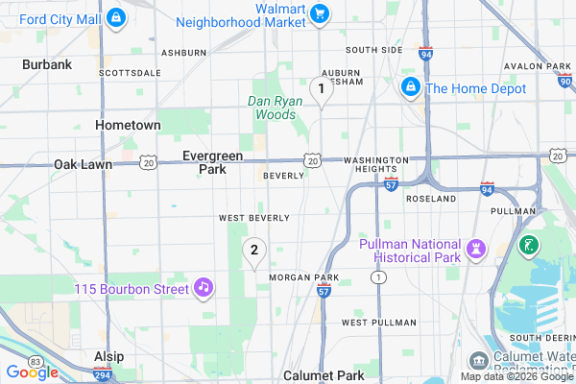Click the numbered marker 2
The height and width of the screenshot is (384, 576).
[x=253, y=252]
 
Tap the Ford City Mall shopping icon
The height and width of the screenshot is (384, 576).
[x=115, y=17]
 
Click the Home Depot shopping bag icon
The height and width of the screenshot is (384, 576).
[x=410, y=88]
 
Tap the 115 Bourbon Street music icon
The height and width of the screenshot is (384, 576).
[x=203, y=287]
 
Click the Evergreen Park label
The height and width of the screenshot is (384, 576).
[x=212, y=162]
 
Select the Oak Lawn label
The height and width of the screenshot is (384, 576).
[x=83, y=164]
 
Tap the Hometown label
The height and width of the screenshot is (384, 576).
[x=128, y=125]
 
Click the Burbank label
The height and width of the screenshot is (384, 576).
[x=47, y=64]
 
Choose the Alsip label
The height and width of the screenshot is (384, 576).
[x=108, y=356]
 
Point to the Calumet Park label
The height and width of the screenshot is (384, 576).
[x=324, y=375]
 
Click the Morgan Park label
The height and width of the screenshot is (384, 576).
[x=304, y=277]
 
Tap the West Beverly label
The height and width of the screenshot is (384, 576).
[x=254, y=218]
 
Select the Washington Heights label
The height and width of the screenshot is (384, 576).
[x=375, y=164]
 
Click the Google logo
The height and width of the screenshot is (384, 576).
[x=32, y=372]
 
